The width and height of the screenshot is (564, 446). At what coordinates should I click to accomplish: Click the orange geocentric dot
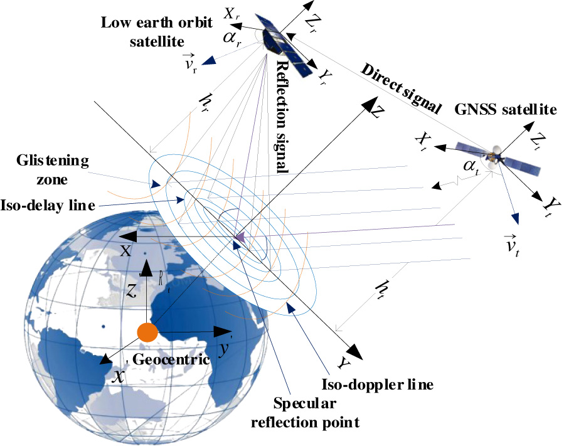click(147, 332)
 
